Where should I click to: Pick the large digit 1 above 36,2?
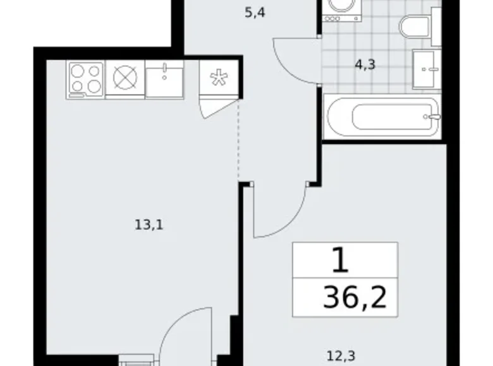(339, 259)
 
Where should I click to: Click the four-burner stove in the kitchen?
(85, 79)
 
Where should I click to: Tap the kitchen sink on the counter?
(164, 79)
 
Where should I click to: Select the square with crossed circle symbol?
(125, 79)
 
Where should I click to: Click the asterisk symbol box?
(219, 79)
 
